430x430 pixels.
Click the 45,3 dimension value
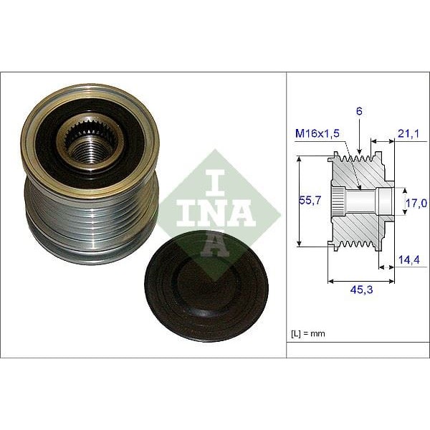(x=361, y=290)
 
